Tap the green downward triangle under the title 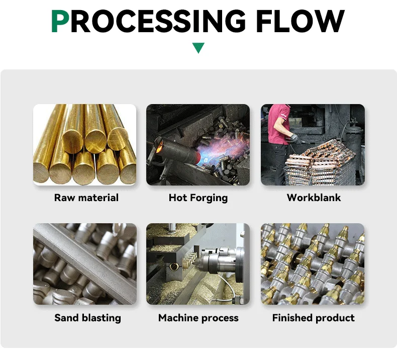[x=198, y=48]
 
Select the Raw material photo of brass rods [x=84, y=144]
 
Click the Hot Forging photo [x=198, y=144]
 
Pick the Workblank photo [x=313, y=144]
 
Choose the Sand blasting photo [x=84, y=264]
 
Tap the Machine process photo [x=198, y=264]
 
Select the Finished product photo [x=313, y=264]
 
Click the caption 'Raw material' [x=86, y=198]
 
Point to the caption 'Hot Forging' [x=198, y=198]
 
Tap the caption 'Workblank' [x=314, y=198]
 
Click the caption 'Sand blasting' [x=87, y=318]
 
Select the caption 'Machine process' [x=198, y=318]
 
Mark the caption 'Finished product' [x=313, y=318]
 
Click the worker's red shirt [x=278, y=123]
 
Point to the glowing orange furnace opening [x=162, y=149]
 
